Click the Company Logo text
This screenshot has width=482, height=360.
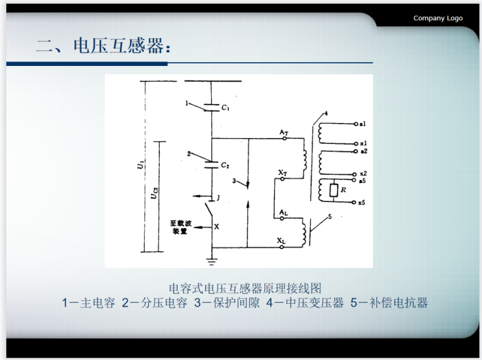pos(438,18)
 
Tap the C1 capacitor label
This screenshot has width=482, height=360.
pos(225,108)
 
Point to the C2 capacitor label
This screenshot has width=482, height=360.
pos(225,165)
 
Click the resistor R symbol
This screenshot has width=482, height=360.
pos(334,190)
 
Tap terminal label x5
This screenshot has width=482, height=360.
pos(361,202)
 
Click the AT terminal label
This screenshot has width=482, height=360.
pos(283,132)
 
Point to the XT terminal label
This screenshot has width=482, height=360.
pos(283,172)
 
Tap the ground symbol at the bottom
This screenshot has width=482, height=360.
pos(211,259)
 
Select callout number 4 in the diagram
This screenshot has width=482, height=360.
pos(325,113)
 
